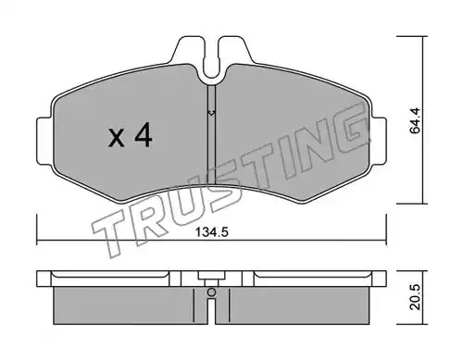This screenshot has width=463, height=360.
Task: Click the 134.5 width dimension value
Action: coord(212,231)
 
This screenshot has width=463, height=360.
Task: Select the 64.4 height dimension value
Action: coord(415,120)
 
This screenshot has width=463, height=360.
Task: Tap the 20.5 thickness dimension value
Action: coord(416,297)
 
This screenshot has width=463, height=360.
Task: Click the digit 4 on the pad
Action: coord(143,135)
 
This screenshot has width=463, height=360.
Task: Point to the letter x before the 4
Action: coord(117,138)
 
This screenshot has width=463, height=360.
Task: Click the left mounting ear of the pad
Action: coord(44,141)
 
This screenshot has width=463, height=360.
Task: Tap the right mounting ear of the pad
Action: coord(379,141)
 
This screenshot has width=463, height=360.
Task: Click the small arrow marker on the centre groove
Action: coord(211,113)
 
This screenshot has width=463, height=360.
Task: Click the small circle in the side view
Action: coord(211,292)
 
